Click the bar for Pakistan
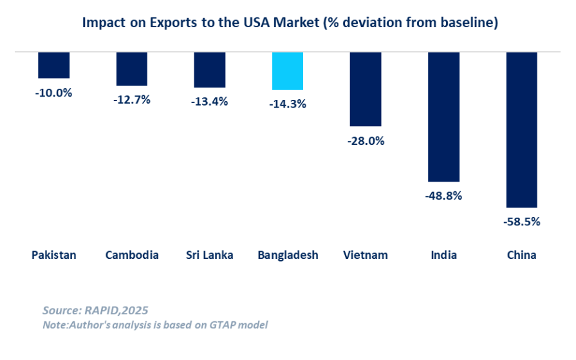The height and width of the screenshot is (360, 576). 54,65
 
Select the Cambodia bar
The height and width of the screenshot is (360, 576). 132,69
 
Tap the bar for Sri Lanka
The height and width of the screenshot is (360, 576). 210,70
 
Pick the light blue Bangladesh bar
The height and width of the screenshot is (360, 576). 288,71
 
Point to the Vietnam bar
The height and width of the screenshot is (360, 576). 366,89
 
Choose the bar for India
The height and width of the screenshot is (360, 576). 444,117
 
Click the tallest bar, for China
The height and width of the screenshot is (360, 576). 522,129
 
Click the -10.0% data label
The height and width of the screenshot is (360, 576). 53,92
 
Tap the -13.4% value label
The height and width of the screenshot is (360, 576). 210,101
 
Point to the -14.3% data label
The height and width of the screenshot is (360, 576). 288,104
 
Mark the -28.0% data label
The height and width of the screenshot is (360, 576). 366,140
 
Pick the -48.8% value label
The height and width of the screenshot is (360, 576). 443,196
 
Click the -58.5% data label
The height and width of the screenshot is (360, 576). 522,222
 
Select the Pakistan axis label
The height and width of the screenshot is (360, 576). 54,255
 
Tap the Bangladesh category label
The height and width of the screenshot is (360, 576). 288,255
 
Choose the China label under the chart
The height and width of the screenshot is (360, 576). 522,255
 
